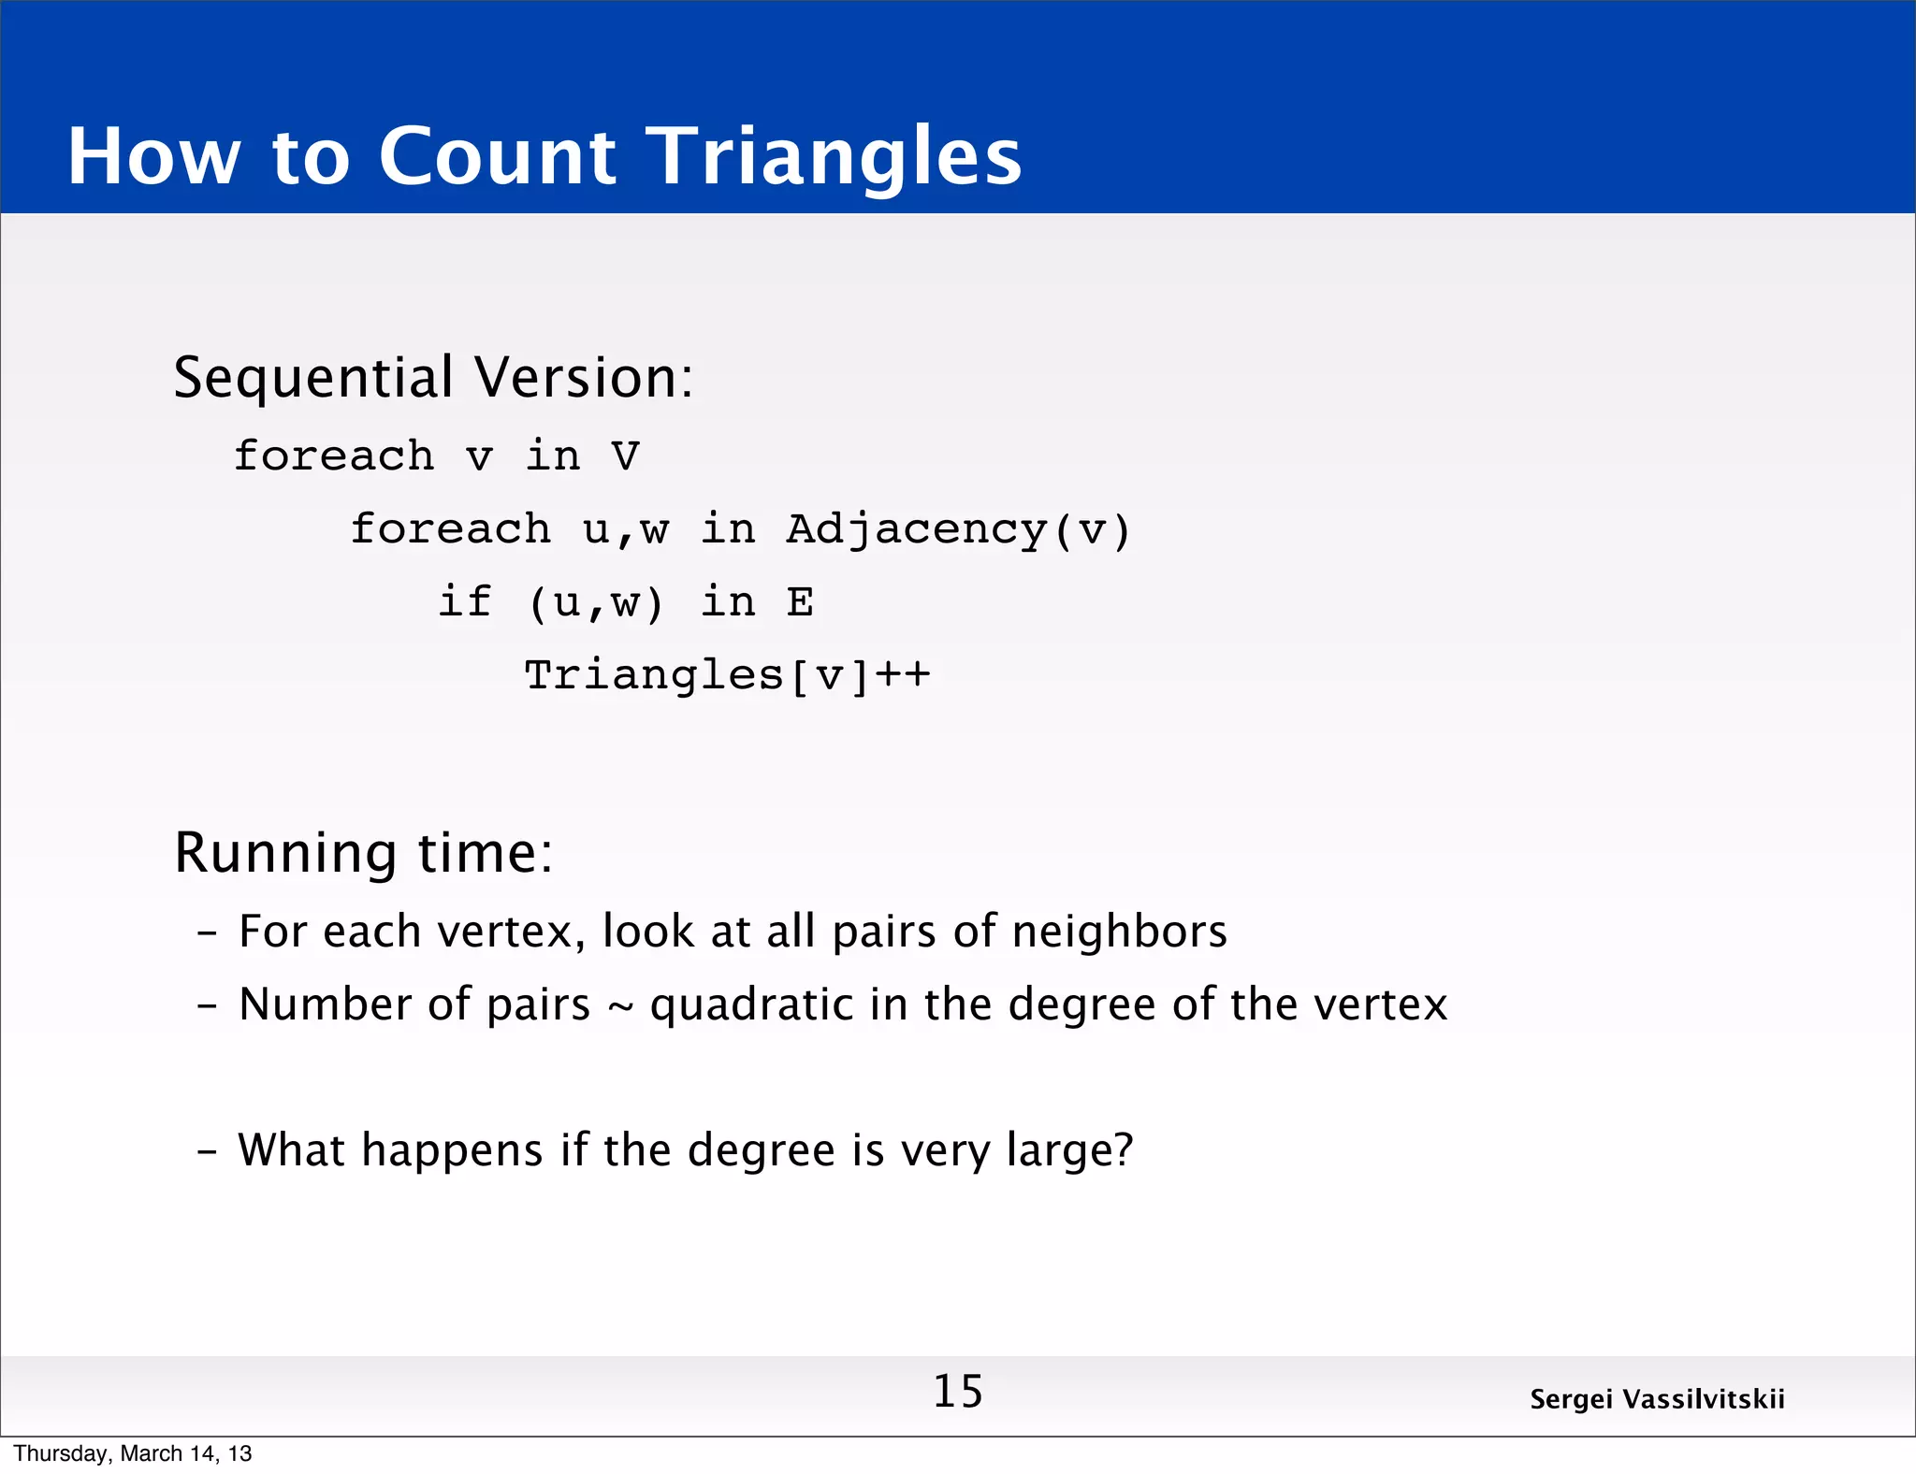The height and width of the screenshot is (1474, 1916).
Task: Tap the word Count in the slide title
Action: (497, 156)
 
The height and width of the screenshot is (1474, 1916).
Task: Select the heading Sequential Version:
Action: (433, 378)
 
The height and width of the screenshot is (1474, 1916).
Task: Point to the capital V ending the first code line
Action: (625, 456)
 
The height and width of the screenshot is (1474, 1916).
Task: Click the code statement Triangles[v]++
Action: (727, 675)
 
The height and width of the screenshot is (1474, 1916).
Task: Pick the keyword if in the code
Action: (465, 601)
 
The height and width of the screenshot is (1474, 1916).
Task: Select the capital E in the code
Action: (800, 601)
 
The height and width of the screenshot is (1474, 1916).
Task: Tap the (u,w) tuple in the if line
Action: (596, 603)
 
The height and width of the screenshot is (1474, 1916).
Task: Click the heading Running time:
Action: (364, 853)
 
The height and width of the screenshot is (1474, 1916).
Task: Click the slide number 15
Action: (958, 1392)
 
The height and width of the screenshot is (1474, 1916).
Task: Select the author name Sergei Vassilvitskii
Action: (1657, 1399)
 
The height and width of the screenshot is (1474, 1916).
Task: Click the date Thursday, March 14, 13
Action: (133, 1453)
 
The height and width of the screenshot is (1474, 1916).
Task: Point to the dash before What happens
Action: (207, 1150)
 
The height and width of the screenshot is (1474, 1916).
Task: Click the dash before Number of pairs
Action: (207, 1005)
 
